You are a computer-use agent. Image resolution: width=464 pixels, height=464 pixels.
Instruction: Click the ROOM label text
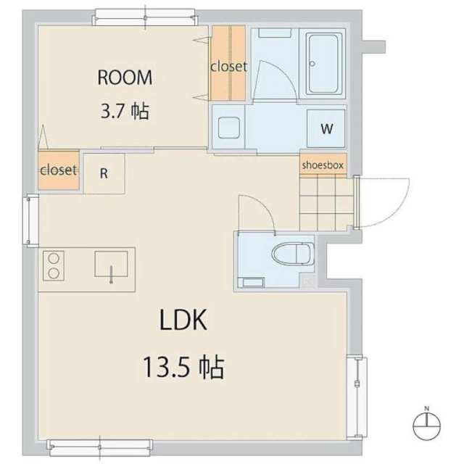point(125,78)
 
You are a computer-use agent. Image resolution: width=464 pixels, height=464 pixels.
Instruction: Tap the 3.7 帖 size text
point(125,111)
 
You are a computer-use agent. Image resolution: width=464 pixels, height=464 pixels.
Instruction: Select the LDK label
point(183,320)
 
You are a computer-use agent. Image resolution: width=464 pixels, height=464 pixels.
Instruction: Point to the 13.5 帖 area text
point(183,368)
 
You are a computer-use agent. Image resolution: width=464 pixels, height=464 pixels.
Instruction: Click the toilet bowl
point(293,254)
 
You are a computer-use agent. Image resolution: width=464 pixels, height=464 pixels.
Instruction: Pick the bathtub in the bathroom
point(323,64)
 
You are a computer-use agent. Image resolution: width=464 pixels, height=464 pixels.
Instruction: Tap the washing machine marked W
point(326,128)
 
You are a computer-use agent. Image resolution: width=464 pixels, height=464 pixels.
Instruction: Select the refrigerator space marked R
point(104,173)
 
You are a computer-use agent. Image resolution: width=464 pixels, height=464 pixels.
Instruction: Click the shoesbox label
point(323,165)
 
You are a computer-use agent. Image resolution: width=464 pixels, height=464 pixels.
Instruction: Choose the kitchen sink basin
point(111,264)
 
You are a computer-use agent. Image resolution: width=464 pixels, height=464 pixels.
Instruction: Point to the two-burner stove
point(54,266)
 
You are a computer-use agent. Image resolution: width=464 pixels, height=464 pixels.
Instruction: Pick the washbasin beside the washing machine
point(229,128)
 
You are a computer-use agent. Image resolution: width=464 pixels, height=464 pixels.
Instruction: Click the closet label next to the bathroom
point(229,67)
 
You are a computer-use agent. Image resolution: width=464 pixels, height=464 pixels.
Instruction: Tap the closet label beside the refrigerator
point(59,170)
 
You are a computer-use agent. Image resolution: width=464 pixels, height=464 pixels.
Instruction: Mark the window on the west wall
point(31,220)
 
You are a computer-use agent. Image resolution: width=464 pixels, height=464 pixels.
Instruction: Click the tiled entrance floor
point(326,202)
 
